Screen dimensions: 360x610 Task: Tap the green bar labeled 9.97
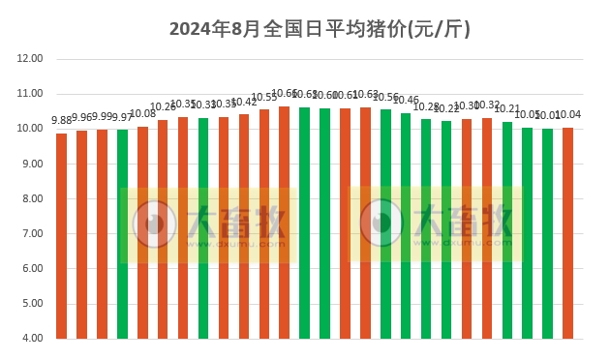pos(122,233)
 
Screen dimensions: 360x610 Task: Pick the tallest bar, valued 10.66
pos(284,222)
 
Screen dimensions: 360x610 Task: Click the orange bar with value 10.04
pos(567,232)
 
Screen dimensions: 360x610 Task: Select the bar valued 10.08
pos(142,232)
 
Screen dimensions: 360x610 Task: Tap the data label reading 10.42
pos(243,102)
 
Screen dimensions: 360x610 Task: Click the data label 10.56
pos(385,97)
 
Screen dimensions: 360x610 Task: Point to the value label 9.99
pos(102,117)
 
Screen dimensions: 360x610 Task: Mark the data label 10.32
pos(487,105)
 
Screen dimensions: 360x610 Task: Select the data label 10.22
pos(446,108)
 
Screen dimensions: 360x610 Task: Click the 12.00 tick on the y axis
pos(30,59)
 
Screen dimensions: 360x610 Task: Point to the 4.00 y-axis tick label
pos(30,339)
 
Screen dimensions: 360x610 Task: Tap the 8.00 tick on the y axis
pos(30,198)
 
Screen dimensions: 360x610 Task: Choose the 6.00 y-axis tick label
pos(30,269)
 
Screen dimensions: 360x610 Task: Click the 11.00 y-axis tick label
pos(30,94)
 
